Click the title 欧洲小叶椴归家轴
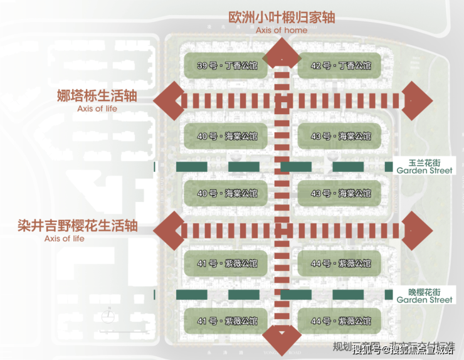click(x=282, y=16)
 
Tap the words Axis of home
click(x=282, y=30)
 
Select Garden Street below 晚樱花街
click(x=424, y=300)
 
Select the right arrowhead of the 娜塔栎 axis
click(x=417, y=100)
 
